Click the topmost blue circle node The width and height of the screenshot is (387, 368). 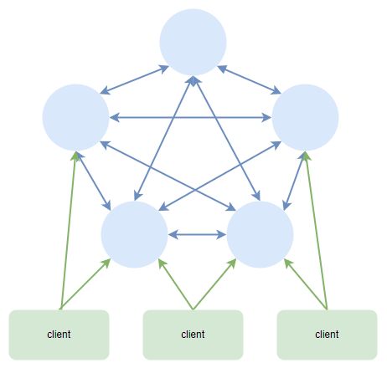[x=193, y=43]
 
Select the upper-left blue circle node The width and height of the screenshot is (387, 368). [x=75, y=117]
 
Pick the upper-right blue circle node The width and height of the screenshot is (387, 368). [x=305, y=117]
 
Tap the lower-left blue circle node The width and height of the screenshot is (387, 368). [x=134, y=234]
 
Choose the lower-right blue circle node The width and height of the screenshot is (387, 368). [x=260, y=234]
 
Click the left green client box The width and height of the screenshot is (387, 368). [x=59, y=335]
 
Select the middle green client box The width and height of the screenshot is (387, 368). [x=193, y=335]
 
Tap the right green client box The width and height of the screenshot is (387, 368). [x=327, y=335]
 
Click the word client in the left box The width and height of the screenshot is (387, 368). [x=59, y=334]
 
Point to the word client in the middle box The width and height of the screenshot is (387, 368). [x=193, y=334]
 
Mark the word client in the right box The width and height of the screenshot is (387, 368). [x=327, y=334]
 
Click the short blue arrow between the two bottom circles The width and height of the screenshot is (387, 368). [x=197, y=234]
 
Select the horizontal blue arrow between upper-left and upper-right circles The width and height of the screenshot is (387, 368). [x=190, y=117]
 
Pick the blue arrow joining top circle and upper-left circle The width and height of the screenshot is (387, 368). [x=134, y=79]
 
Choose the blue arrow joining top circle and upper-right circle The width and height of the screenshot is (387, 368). [x=249, y=79]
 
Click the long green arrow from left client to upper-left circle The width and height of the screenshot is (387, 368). [x=68, y=231]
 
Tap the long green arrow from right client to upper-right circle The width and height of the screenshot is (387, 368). [x=316, y=231]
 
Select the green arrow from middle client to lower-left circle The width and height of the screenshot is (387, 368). [x=176, y=284]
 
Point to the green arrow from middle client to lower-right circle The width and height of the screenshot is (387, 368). [x=214, y=284]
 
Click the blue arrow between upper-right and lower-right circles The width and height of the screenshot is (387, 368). [x=294, y=181]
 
